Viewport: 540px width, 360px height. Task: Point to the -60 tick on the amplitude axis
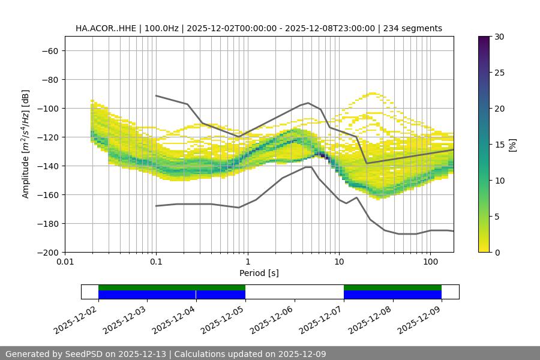(x=49, y=50)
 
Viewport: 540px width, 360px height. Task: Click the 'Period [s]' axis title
(x=259, y=273)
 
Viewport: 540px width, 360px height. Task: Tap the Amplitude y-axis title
(x=26, y=144)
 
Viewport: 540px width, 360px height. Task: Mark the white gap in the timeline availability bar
(x=295, y=292)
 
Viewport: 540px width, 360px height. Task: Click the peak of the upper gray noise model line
(x=308, y=103)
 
